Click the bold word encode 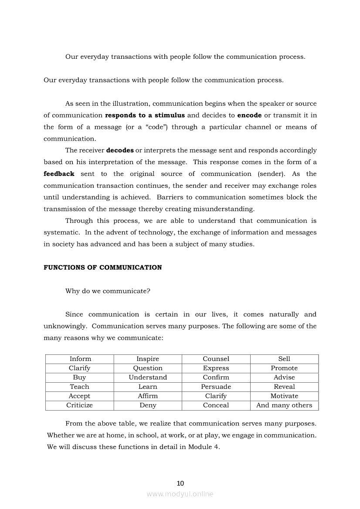[x=249, y=115]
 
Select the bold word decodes [x=120, y=151]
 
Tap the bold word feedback [x=59, y=174]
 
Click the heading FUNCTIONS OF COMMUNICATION [x=102, y=268]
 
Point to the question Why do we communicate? [x=108, y=291]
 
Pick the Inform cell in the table [x=80, y=359]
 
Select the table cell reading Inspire [x=148, y=359]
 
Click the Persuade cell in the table [x=216, y=387]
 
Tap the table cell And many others [x=284, y=405]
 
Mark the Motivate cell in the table [x=284, y=396]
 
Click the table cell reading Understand [x=148, y=378]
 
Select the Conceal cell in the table [x=216, y=405]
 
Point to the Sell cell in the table [x=284, y=359]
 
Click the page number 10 [x=180, y=483]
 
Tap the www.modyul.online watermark [x=180, y=494]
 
